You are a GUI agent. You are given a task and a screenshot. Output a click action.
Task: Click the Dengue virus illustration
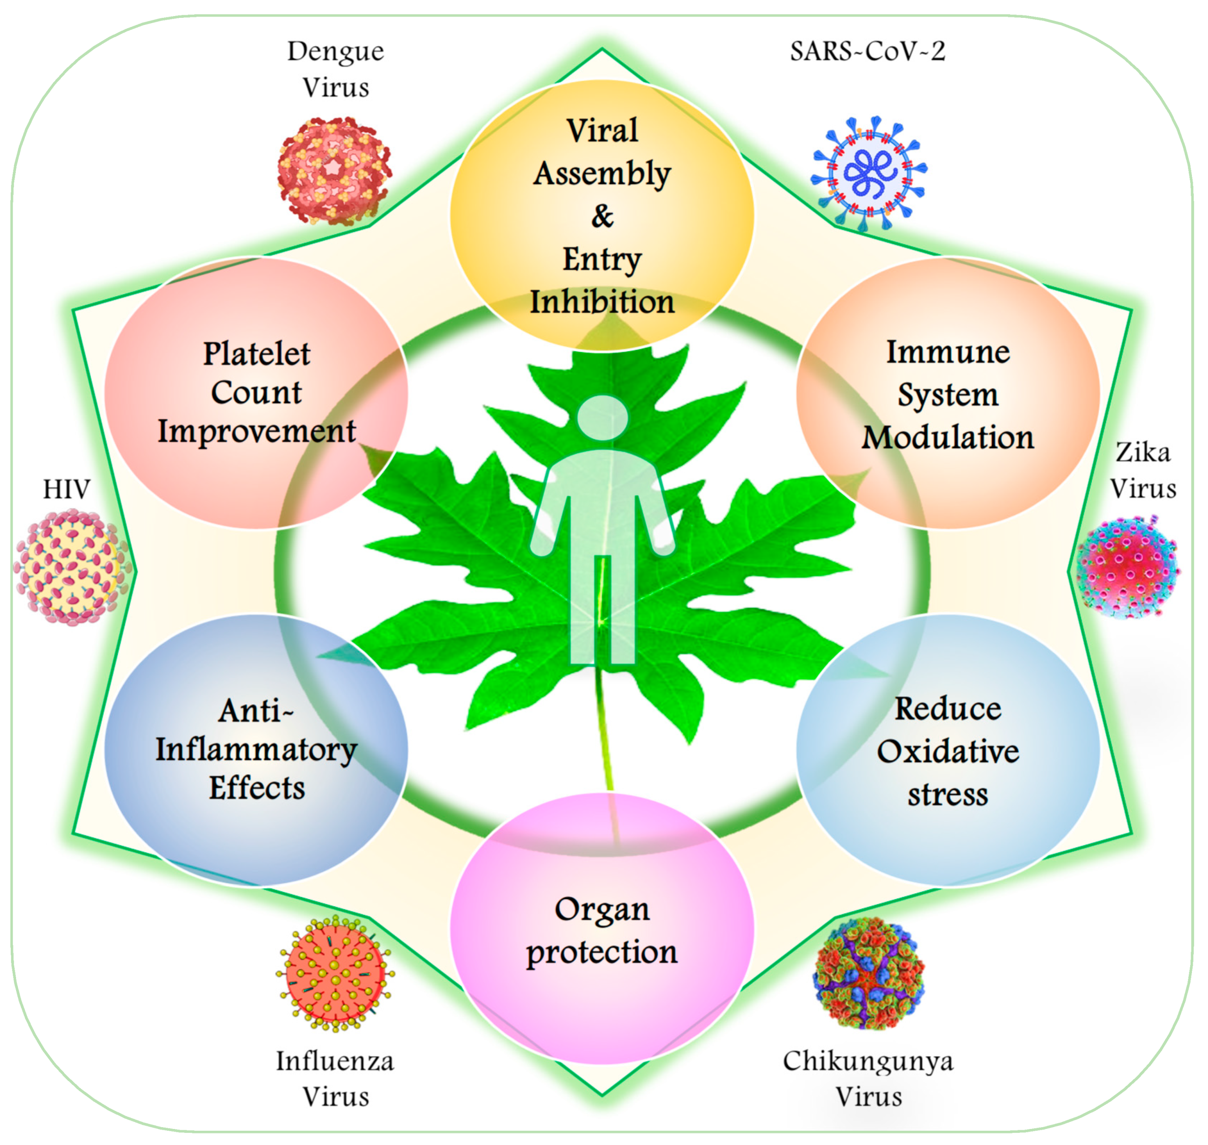tap(333, 171)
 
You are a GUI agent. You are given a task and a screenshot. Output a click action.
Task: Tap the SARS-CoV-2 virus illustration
tap(868, 173)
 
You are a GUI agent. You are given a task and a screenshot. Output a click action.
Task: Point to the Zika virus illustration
tap(1127, 568)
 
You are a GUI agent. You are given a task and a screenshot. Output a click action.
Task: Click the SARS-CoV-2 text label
tap(867, 51)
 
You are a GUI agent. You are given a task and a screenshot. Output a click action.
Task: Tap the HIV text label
tap(67, 489)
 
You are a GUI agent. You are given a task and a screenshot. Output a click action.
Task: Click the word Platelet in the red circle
tap(257, 354)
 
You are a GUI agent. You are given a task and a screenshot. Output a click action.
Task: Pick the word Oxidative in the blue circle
tap(948, 751)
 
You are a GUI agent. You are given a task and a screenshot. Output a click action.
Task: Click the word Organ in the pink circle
tap(602, 910)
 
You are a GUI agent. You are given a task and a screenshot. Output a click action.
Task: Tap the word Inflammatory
tap(257, 750)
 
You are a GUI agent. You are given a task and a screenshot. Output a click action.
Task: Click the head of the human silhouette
tap(603, 418)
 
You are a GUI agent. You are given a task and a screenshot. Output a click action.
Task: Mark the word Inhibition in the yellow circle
tap(602, 302)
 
